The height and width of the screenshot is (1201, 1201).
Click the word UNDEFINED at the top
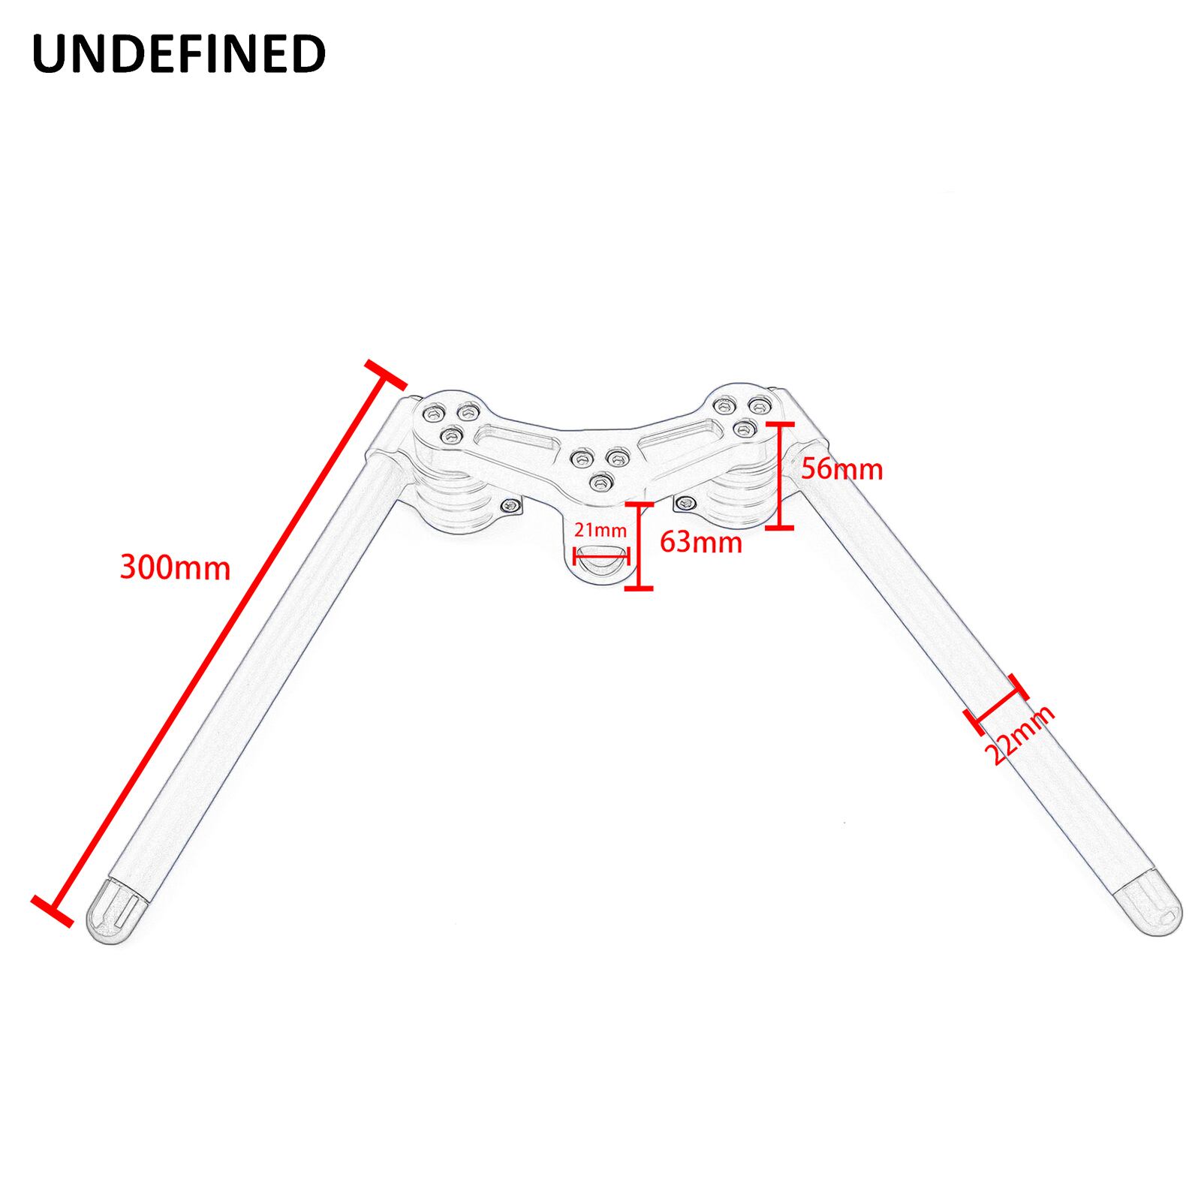(x=179, y=54)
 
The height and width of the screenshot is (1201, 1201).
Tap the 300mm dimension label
(x=175, y=568)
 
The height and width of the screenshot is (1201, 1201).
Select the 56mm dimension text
(x=841, y=469)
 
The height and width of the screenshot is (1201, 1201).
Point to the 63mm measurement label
(x=701, y=541)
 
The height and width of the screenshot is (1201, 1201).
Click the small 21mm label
(x=600, y=530)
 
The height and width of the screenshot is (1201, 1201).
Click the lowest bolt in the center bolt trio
(x=598, y=481)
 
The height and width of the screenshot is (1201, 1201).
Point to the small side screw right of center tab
(x=685, y=504)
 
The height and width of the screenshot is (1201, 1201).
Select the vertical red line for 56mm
(x=781, y=475)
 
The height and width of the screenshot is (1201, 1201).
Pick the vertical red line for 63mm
(x=639, y=546)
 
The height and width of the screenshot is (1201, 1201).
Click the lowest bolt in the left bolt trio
(x=450, y=435)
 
